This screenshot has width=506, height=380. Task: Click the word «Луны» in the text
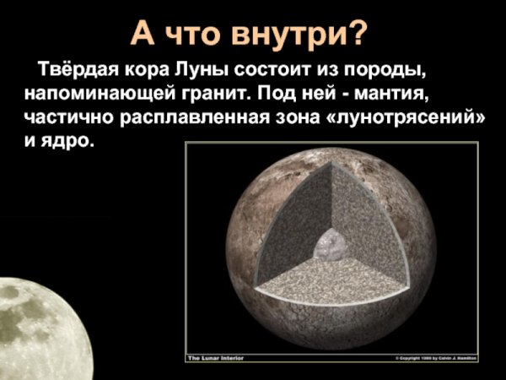(x=207, y=68)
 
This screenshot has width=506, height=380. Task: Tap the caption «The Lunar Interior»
(x=214, y=358)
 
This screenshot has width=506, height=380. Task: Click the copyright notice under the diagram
(x=435, y=358)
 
